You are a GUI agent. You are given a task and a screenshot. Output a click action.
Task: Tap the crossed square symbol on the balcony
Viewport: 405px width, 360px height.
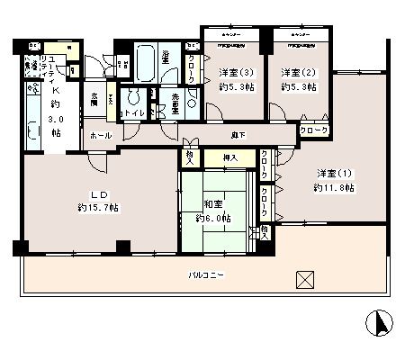click(305, 279)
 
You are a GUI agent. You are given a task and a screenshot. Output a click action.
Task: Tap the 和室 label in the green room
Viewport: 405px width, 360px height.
click(212, 203)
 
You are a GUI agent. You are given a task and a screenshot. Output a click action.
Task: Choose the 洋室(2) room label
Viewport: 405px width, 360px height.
click(294, 72)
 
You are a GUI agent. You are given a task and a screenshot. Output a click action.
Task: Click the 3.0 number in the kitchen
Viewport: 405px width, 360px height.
click(56, 118)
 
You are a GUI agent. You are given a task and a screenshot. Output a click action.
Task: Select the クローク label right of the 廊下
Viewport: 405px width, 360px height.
click(314, 130)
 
